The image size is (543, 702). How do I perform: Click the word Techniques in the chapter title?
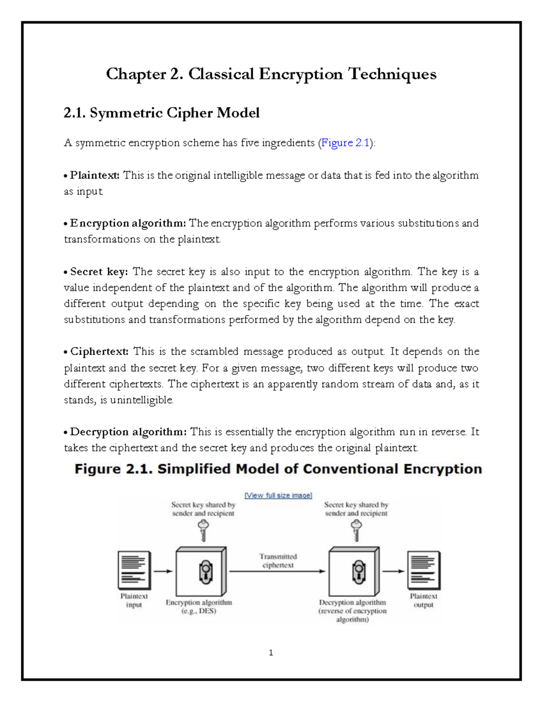392,74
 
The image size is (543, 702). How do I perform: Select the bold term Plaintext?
95,175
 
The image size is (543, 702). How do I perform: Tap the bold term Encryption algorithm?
128,223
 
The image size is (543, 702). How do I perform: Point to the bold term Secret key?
99,272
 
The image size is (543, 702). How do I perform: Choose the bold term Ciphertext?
99,352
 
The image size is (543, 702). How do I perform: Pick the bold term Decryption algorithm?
128,432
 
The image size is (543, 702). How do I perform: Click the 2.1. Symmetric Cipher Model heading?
162,113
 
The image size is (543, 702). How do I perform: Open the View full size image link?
278,495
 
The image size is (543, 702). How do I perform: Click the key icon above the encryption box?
203,530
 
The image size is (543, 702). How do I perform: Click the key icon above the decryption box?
357,530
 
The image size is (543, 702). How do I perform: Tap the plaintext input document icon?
133,570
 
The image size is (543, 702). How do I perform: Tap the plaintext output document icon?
424,570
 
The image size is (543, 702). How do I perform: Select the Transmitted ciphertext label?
278,561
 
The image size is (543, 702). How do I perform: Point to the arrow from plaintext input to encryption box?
163,571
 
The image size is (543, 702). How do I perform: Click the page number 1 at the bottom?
271,652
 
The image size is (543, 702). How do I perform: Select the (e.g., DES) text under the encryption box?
199,611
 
